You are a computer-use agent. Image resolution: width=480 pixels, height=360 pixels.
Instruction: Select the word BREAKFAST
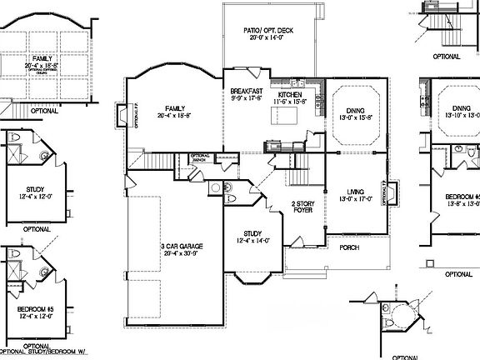coord(247,91)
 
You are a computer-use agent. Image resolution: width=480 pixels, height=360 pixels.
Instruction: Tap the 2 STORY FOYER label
coord(302,207)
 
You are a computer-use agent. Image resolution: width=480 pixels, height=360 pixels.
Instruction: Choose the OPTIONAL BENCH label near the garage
coord(200,157)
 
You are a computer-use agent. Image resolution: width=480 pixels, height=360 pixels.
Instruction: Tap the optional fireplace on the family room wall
coord(134,116)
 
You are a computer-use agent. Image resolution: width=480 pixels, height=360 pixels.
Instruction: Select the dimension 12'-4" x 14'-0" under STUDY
coord(254,241)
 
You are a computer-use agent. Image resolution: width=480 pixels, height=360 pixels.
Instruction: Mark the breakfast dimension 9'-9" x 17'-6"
coord(247,98)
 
